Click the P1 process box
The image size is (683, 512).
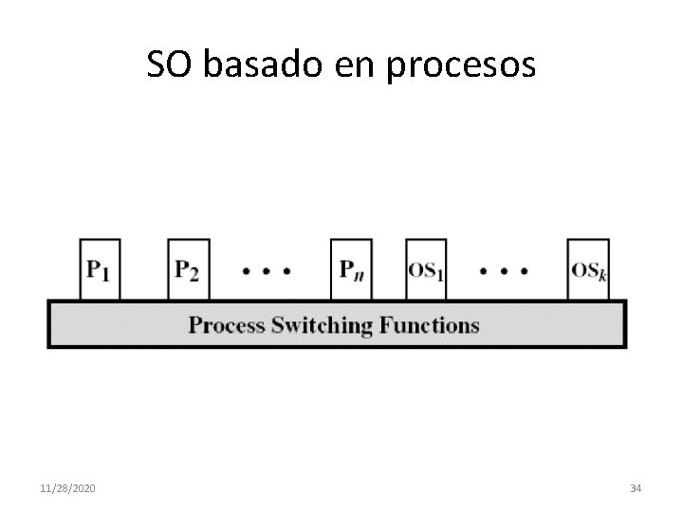tap(100, 269)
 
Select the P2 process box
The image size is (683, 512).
tap(188, 269)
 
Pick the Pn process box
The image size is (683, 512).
tap(351, 269)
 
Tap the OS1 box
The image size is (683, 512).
tap(426, 269)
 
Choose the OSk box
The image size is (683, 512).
tap(588, 269)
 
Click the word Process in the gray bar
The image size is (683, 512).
tap(228, 326)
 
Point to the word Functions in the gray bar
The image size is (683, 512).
tap(430, 325)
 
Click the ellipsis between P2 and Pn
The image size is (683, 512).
tap(267, 270)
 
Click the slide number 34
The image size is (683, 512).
tap(636, 487)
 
